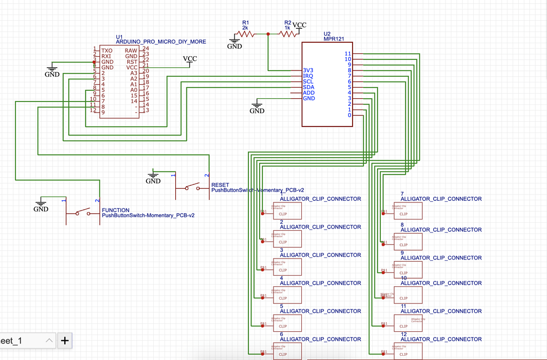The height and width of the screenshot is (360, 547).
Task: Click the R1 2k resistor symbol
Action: tap(245, 34)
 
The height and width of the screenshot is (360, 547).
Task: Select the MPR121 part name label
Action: tap(334, 39)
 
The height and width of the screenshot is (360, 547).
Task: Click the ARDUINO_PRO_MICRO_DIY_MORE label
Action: tap(161, 42)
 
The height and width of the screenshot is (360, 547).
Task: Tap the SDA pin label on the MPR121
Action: tap(308, 87)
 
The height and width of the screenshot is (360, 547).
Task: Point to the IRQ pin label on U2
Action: tap(308, 76)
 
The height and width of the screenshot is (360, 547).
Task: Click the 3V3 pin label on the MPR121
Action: tap(308, 70)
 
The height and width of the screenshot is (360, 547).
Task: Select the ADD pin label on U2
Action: tap(308, 93)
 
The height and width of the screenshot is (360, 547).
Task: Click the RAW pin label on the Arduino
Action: tap(131, 50)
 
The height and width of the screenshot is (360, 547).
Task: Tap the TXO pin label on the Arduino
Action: tap(107, 50)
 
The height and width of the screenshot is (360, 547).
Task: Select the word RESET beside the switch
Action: tap(220, 185)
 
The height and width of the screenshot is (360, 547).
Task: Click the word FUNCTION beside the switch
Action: tap(115, 210)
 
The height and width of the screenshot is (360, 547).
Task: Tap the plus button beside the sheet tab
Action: tap(65, 340)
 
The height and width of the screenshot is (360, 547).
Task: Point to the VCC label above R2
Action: tap(300, 25)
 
